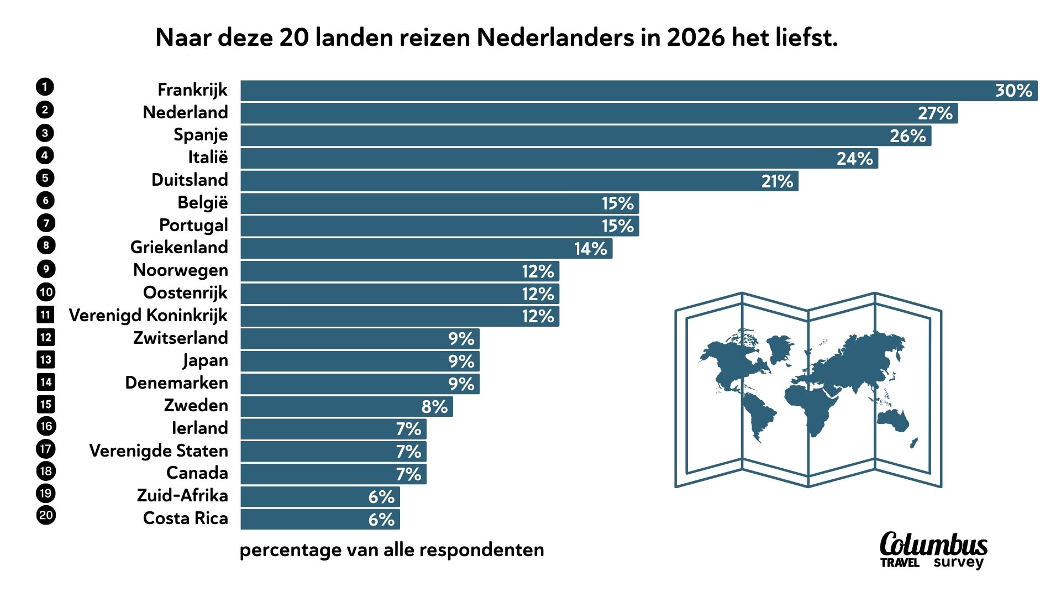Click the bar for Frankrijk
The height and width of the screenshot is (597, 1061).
pos(608,91)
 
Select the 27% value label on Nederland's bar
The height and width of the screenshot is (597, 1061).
pos(935,113)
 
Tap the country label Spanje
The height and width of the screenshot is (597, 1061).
pos(201,135)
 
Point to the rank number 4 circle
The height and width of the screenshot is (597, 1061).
pos(45,155)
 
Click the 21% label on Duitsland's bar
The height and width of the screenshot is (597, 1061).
pos(777,181)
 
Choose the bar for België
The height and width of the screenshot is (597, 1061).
pos(420,203)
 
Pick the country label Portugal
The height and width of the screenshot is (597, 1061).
pos(193,225)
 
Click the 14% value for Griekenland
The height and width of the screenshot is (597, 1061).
pos(590,249)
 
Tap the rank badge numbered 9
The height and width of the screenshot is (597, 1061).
pos(46,269)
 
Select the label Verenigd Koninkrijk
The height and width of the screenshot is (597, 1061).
pos(148,315)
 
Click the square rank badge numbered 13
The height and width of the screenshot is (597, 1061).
pos(46,360)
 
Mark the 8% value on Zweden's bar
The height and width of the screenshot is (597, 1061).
pos(434,407)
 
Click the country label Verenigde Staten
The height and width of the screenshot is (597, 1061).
pos(159,451)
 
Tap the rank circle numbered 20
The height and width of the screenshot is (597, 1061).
pos(46,516)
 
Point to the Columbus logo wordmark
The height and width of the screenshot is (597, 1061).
pos(933,545)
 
